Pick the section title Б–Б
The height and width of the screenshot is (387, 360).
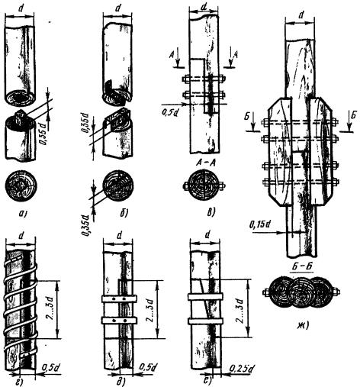pos(303,266)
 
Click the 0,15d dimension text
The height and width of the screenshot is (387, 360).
pos(260,224)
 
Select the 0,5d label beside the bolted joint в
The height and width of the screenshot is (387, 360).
pos(170,111)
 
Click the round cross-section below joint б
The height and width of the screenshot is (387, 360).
pos(118,186)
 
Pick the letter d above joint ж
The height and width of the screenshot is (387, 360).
pos(301,15)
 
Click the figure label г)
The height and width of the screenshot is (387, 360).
pos(21,381)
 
